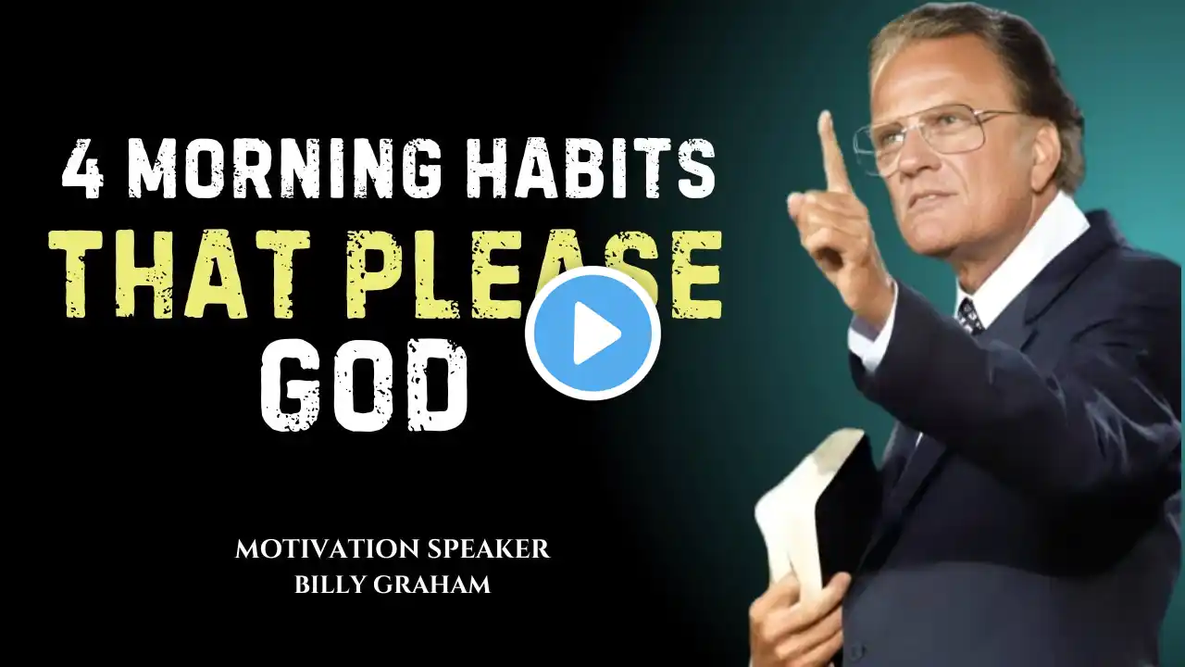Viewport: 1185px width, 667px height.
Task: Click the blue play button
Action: [x=593, y=333]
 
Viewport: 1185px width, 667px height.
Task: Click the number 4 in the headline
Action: [x=83, y=169]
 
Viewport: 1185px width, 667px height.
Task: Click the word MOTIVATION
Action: [x=328, y=549]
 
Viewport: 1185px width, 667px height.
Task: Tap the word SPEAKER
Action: [x=488, y=549]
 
